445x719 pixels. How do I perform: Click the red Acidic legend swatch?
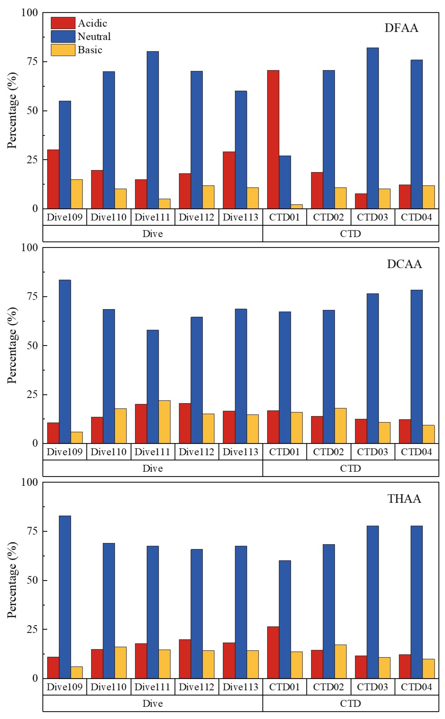pos(63,23)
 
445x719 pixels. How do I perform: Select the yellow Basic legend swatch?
pos(63,50)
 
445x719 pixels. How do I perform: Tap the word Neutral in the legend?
pos(94,37)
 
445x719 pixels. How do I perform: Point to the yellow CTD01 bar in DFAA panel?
pos(296,206)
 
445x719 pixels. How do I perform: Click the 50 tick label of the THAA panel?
pos(32,580)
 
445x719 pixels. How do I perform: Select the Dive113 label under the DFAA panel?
pos(240,217)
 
